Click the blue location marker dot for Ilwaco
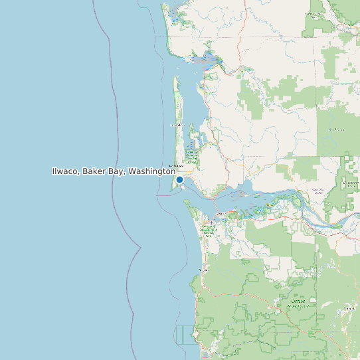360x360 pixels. (x=179, y=179)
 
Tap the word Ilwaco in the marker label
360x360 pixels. (x=66, y=171)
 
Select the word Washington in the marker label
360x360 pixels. (x=151, y=171)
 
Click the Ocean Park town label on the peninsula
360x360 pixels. (x=177, y=125)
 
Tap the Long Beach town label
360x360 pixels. (x=176, y=165)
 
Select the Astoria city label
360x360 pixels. (x=219, y=213)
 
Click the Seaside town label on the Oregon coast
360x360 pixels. (x=204, y=270)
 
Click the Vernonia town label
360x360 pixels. (x=349, y=309)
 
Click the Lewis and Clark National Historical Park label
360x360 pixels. (x=209, y=230)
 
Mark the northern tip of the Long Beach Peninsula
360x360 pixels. (x=176, y=77)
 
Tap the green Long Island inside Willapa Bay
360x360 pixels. (x=193, y=143)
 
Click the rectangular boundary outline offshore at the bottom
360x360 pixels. (x=186, y=335)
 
